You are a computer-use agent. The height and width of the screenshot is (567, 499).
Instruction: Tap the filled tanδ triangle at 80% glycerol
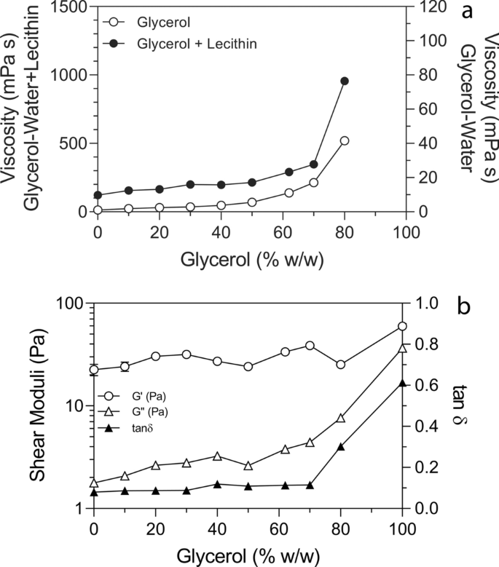pyautogui.click(x=340, y=446)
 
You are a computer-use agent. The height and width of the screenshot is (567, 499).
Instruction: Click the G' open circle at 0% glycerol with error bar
pyautogui.click(x=94, y=370)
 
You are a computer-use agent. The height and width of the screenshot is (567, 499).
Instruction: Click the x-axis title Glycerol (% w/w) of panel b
pyautogui.click(x=248, y=552)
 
